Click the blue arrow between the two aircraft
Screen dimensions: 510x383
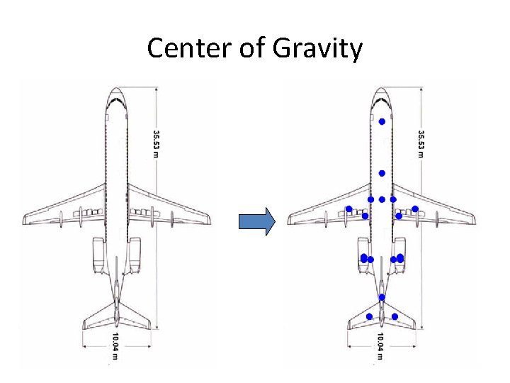click(x=256, y=221)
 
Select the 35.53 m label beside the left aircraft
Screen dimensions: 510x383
click(x=157, y=143)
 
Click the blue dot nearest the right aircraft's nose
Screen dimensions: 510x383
click(x=381, y=122)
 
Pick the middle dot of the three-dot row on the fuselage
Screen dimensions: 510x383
click(x=382, y=199)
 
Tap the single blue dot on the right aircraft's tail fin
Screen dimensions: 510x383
click(x=381, y=296)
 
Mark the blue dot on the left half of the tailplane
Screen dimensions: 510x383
click(x=369, y=316)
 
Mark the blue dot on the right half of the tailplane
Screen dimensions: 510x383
click(x=395, y=316)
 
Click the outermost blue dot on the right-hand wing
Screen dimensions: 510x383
click(x=415, y=209)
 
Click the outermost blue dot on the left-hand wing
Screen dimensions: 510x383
click(x=348, y=209)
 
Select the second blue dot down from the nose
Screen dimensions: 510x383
click(x=381, y=173)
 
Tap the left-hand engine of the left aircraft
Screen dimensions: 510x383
click(x=99, y=255)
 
